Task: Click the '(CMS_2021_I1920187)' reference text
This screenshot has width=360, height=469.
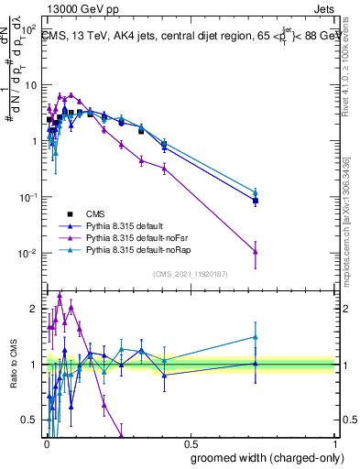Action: point(191,274)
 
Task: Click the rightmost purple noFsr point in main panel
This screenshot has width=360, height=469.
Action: point(256,252)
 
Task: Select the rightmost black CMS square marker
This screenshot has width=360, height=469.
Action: point(256,201)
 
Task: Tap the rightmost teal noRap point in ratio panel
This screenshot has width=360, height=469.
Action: point(256,337)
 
